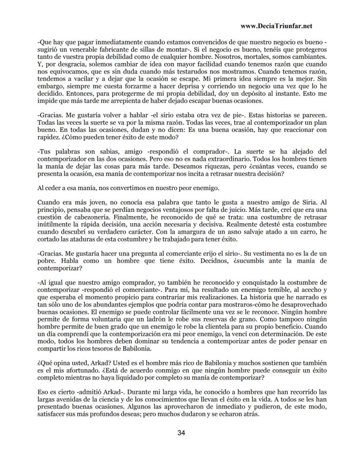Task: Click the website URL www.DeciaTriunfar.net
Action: click(x=276, y=26)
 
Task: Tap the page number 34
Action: click(x=180, y=433)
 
